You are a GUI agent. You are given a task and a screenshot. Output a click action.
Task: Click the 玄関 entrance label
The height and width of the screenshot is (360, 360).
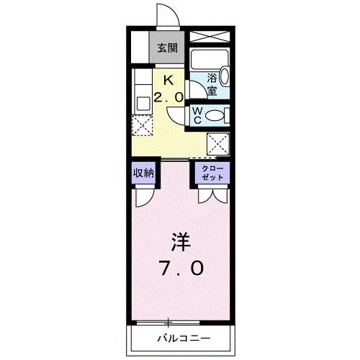(168, 49)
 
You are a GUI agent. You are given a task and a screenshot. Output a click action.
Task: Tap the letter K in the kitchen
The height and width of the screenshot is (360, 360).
(168, 80)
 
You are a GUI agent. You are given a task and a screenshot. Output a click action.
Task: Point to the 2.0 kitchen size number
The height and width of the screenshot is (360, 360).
(168, 96)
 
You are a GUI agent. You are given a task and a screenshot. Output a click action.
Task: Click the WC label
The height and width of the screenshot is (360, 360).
(198, 114)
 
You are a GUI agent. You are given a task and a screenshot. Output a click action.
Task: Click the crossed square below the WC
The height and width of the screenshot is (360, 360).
(218, 143)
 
